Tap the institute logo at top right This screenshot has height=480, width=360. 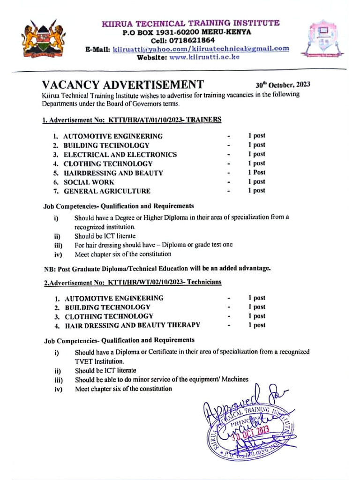pyautogui.click(x=322, y=38)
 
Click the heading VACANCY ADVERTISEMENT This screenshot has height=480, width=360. pyautogui.click(x=123, y=85)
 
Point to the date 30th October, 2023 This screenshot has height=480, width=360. pyautogui.click(x=283, y=85)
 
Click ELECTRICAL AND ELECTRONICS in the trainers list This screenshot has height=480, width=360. pyautogui.click(x=120, y=154)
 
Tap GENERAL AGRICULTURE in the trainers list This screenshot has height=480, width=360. pyautogui.click(x=107, y=191)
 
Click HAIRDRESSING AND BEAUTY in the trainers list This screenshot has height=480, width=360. pyautogui.click(x=113, y=172)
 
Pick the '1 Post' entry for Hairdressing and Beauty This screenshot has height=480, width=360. pyautogui.click(x=256, y=172)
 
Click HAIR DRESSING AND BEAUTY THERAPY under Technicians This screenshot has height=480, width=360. pyautogui.click(x=133, y=325)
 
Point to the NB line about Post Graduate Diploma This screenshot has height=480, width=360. pyautogui.click(x=157, y=269)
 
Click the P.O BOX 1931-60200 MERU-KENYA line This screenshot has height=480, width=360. pyautogui.click(x=187, y=32)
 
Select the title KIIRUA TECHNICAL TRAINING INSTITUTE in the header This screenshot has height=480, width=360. pyautogui.click(x=191, y=23)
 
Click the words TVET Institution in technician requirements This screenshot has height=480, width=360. pyautogui.click(x=99, y=361)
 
